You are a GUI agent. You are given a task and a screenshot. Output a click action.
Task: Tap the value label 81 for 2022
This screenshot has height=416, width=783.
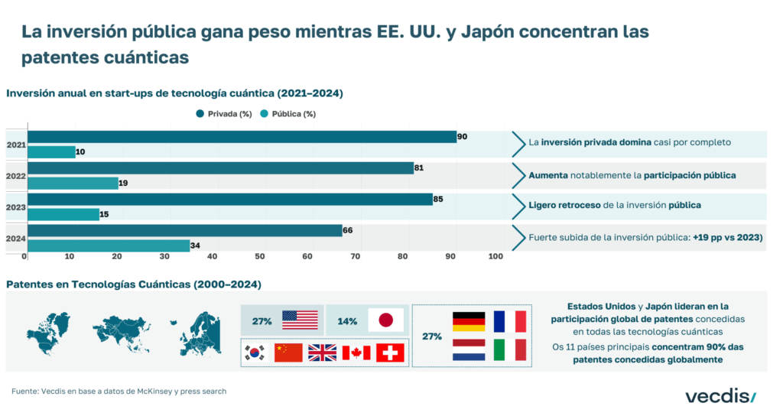419,167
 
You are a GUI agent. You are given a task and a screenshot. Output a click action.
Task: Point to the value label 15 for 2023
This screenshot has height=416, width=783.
104,215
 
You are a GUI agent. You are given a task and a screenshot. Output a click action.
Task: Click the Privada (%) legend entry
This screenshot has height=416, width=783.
224,114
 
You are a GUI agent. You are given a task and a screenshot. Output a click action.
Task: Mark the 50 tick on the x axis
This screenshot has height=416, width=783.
259,256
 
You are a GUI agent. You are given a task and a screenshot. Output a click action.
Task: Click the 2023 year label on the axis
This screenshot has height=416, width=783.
15,207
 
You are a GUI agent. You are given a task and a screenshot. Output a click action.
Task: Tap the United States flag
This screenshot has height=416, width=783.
300,320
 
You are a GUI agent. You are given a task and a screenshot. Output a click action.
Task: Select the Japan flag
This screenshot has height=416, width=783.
385,320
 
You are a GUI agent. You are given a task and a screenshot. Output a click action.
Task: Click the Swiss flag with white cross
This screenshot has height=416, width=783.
391,353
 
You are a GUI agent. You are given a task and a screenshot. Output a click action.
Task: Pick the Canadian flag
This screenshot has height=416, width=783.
356,353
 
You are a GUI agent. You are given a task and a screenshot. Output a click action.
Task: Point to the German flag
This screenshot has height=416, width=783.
469,321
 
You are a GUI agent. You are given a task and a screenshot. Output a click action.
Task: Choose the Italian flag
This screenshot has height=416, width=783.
510,350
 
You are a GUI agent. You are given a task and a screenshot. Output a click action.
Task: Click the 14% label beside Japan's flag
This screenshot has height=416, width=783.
347,321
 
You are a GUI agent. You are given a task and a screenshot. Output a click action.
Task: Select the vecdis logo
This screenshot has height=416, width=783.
720,395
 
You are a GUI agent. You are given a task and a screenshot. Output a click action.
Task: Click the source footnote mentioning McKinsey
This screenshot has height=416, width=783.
119,392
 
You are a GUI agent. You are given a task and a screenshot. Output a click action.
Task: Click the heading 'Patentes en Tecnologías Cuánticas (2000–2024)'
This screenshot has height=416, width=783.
134,284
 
